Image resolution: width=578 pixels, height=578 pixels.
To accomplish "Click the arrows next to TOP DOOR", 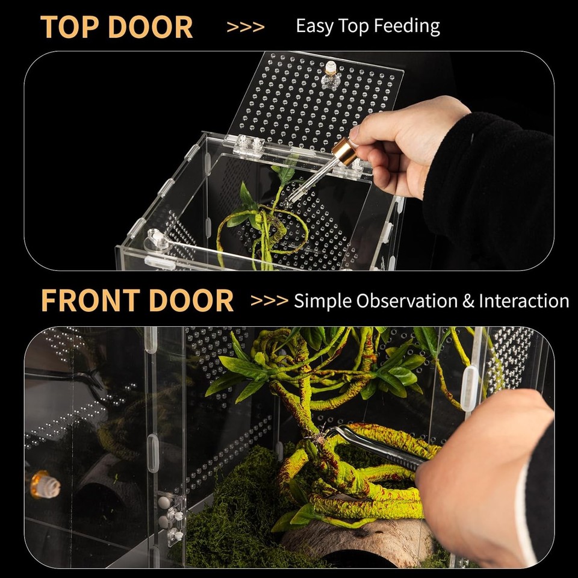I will pos(245,27).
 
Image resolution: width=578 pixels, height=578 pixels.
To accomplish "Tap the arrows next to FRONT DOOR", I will pos(269,301).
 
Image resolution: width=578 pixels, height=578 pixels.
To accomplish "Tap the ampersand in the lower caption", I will pos(468,301).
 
